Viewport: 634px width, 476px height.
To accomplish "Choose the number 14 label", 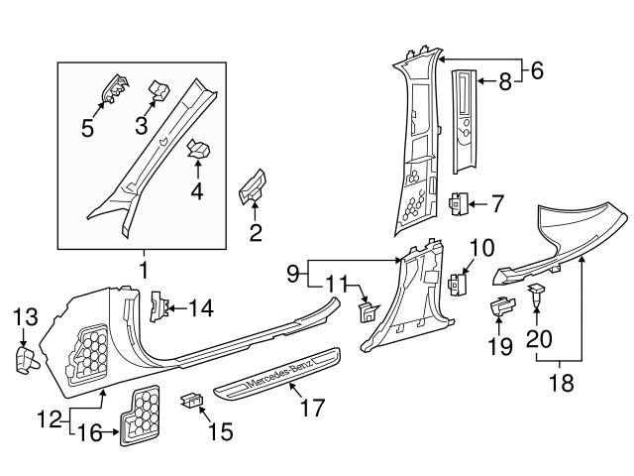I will click(x=201, y=307).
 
